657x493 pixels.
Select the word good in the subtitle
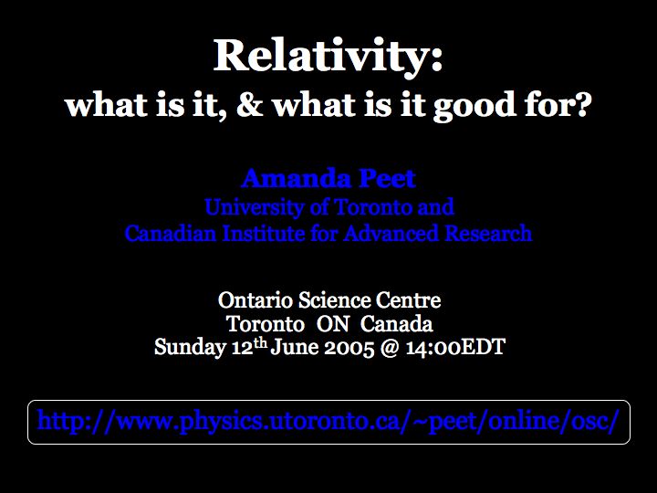(x=474, y=107)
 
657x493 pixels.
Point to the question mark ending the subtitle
(x=581, y=104)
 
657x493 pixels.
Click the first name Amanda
(x=296, y=179)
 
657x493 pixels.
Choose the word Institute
(x=263, y=233)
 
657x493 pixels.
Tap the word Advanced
(x=391, y=233)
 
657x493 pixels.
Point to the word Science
(x=334, y=300)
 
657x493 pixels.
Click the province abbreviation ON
(x=333, y=323)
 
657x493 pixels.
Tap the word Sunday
(x=190, y=348)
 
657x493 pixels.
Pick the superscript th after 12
(x=260, y=344)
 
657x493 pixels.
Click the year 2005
(x=349, y=348)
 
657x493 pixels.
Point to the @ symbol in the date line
(x=390, y=348)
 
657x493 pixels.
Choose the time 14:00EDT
(x=455, y=348)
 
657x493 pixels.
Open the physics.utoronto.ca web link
(x=328, y=421)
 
